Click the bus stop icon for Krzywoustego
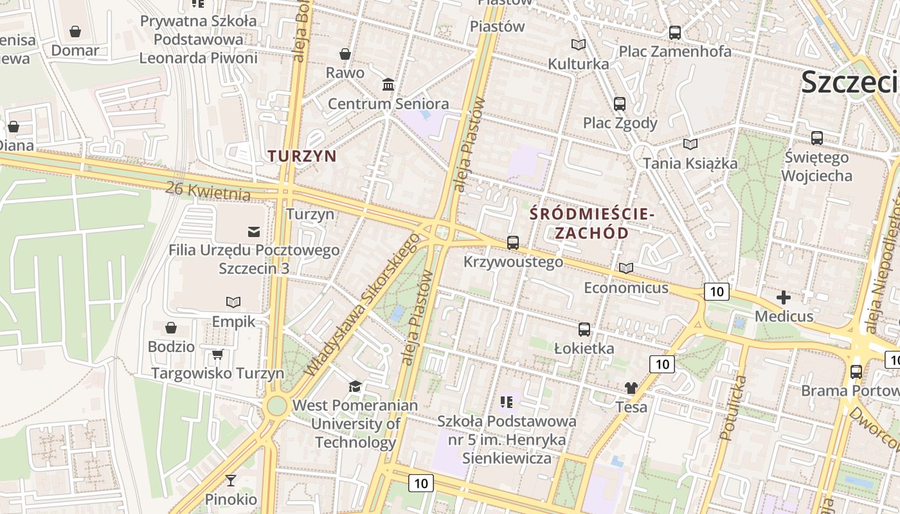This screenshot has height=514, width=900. click(512, 243)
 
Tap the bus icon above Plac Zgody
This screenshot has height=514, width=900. click(620, 103)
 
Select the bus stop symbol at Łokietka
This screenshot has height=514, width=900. click(584, 330)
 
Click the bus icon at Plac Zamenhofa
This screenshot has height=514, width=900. click(675, 33)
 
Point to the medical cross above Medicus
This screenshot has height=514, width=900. click(783, 297)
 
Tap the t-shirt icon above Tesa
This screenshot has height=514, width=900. click(631, 388)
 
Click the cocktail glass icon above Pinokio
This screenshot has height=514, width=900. click(231, 480)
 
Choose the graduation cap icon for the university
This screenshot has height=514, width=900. click(355, 386)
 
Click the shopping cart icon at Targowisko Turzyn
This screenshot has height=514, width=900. click(218, 354)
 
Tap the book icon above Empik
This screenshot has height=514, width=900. click(233, 302)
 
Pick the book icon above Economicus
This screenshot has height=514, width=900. click(625, 268)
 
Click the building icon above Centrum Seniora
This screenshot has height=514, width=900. click(388, 85)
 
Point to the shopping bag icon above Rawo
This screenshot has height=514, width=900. click(345, 54)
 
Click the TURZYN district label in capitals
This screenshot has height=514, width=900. click(302, 156)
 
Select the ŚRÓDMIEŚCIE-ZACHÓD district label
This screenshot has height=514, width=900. click(591, 224)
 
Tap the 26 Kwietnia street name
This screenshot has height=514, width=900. click(208, 190)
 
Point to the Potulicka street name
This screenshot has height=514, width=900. click(733, 408)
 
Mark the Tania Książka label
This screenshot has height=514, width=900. click(690, 163)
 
